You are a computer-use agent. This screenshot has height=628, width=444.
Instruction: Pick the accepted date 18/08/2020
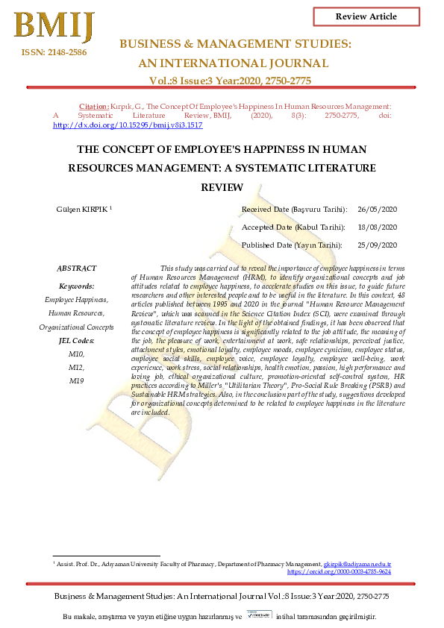pos(378,227)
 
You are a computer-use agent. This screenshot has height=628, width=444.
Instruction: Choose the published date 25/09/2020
pos(378,245)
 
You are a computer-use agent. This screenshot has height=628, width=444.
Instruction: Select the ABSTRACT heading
pos(77,269)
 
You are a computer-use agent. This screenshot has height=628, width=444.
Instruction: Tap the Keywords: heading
pos(77,286)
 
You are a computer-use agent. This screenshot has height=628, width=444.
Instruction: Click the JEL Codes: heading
pos(77,340)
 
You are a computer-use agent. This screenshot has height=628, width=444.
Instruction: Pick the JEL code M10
pos(77,354)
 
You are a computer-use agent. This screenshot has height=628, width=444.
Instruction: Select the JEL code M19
pos(77,380)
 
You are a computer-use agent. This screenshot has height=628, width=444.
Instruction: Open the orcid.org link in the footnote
pos(340,572)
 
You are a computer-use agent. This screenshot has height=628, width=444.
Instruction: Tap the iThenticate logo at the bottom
pos(259,616)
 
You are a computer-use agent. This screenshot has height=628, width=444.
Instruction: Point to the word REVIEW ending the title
pos(222,189)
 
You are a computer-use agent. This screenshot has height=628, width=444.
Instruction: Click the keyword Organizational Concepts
pos(77,327)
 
